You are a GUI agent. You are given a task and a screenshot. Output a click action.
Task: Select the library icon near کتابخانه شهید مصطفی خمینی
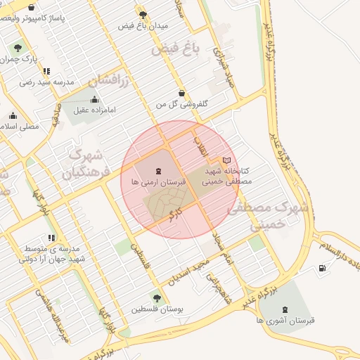click(x=226, y=160)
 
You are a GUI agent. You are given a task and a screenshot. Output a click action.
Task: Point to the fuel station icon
click(x=322, y=267)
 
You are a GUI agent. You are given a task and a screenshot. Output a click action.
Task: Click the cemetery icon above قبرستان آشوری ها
click(x=284, y=309)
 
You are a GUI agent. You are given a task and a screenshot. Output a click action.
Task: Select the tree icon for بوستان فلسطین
click(x=156, y=298)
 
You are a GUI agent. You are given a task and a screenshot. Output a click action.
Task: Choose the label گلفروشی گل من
click(x=182, y=103)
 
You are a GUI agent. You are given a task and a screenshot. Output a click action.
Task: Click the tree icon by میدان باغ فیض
click(x=143, y=14)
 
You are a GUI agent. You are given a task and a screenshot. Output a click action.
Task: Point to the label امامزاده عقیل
click(x=95, y=110)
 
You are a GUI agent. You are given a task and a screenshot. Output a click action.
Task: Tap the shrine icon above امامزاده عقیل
click(x=95, y=99)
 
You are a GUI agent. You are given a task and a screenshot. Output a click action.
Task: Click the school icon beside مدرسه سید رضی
click(x=46, y=71)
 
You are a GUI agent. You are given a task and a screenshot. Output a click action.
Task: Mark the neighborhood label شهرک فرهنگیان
click(x=87, y=162)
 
